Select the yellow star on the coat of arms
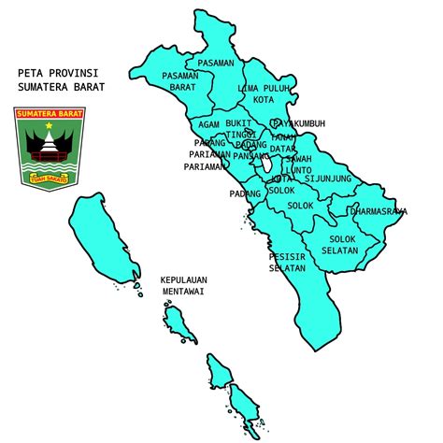(x=48, y=125)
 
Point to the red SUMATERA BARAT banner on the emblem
(x=49, y=115)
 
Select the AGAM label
(x=208, y=123)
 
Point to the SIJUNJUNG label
(x=329, y=178)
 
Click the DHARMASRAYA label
(x=379, y=211)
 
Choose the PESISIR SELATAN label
(x=287, y=262)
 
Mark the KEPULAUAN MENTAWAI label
(x=184, y=285)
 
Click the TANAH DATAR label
(x=283, y=143)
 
